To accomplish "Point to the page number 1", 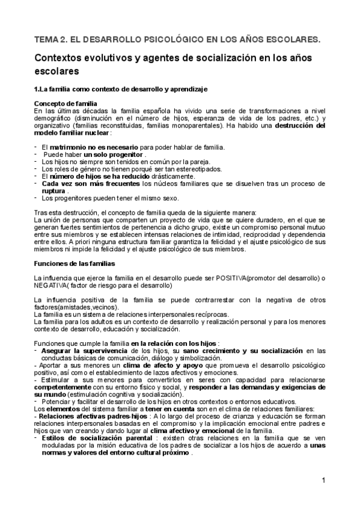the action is (x=323, y=481).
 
